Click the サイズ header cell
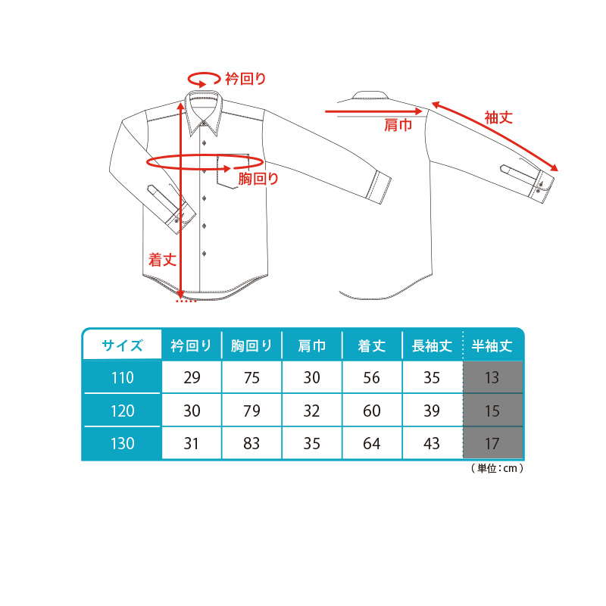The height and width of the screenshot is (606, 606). pyautogui.click(x=122, y=345)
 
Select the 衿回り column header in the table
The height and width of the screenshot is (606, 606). pyautogui.click(x=192, y=345)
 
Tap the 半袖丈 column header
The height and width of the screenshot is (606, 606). pyautogui.click(x=492, y=345)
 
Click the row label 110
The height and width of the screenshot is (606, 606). pyautogui.click(x=122, y=377)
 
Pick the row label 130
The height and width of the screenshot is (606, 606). pyautogui.click(x=122, y=443)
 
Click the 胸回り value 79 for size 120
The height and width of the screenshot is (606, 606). pyautogui.click(x=251, y=411)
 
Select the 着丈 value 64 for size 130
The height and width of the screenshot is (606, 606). pyautogui.click(x=371, y=443)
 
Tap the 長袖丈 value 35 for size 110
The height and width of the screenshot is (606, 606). pyautogui.click(x=432, y=377)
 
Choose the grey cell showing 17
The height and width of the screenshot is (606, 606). pyautogui.click(x=492, y=443)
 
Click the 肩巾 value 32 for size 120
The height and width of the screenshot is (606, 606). pyautogui.click(x=311, y=411)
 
